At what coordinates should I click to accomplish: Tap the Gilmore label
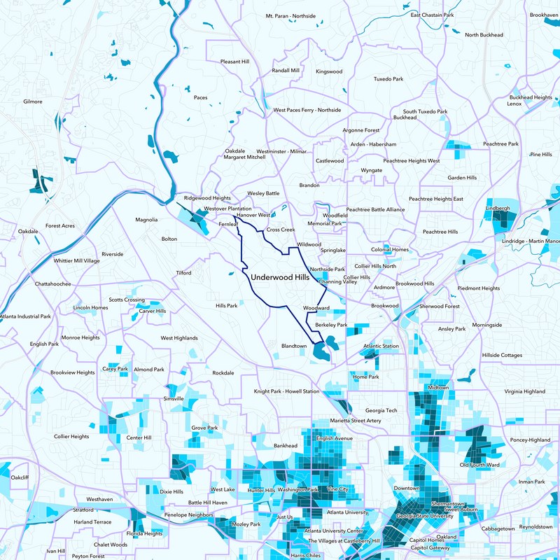(33, 101)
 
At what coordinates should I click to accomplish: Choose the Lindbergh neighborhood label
(497, 209)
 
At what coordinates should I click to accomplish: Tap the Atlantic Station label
(381, 346)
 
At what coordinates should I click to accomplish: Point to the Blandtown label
(294, 346)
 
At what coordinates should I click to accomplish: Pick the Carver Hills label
(152, 311)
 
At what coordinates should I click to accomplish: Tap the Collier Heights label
(71, 436)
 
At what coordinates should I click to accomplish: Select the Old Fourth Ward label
(479, 465)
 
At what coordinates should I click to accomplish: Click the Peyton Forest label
(88, 556)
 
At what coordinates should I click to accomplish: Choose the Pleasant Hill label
(234, 62)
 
